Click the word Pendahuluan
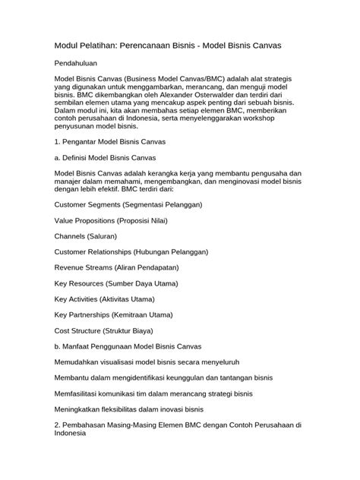(x=80, y=66)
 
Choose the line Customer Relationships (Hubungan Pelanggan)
(x=131, y=251)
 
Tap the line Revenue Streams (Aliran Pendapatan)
(x=117, y=267)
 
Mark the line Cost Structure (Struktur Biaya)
(x=104, y=330)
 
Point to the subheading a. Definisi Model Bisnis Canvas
(x=106, y=157)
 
